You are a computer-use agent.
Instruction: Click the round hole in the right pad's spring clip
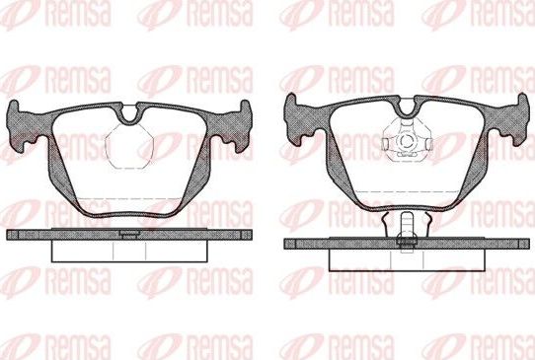(x=404, y=142)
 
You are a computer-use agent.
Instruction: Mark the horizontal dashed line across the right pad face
(x=404, y=187)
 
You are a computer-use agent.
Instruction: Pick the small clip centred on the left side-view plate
(x=127, y=234)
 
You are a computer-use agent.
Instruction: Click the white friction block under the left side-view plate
(x=127, y=251)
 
